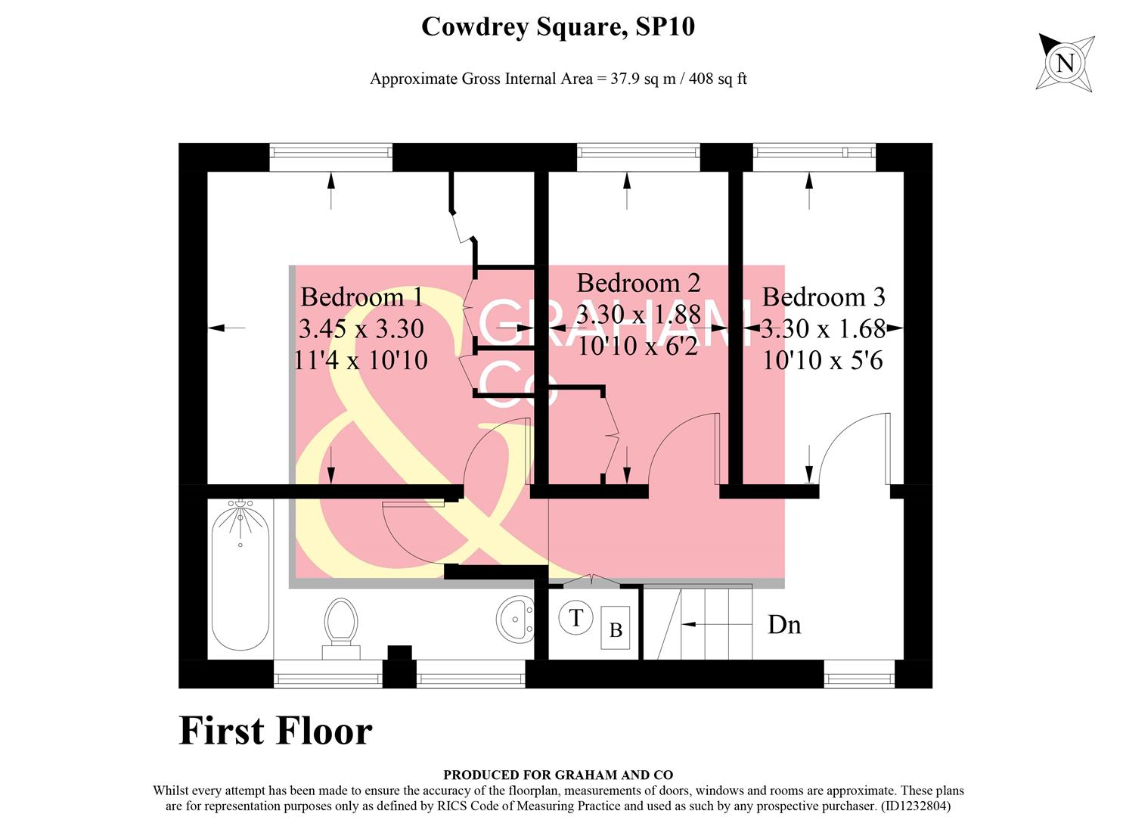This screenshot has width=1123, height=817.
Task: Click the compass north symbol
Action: pyautogui.click(x=1065, y=63)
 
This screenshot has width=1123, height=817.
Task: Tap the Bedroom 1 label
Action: pyautogui.click(x=361, y=297)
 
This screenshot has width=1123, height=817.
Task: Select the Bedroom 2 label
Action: pyautogui.click(x=638, y=283)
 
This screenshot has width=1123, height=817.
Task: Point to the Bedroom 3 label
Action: pyautogui.click(x=823, y=297)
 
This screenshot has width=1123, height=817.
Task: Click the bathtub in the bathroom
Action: pyautogui.click(x=240, y=578)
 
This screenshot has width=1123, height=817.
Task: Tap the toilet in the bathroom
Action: pyautogui.click(x=340, y=625)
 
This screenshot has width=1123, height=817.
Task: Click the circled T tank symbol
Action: pyautogui.click(x=575, y=618)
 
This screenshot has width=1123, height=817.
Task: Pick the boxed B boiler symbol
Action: pyautogui.click(x=616, y=629)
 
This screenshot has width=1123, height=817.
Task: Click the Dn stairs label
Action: pyautogui.click(x=784, y=625)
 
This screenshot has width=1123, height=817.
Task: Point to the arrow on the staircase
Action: pyautogui.click(x=699, y=625)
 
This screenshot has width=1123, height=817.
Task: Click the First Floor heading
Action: pyautogui.click(x=275, y=731)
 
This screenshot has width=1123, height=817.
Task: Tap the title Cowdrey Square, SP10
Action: pyautogui.click(x=557, y=27)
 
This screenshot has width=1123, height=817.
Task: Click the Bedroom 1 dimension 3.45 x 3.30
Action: pyautogui.click(x=361, y=328)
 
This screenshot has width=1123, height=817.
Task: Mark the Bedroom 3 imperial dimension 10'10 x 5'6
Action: pyautogui.click(x=823, y=360)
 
